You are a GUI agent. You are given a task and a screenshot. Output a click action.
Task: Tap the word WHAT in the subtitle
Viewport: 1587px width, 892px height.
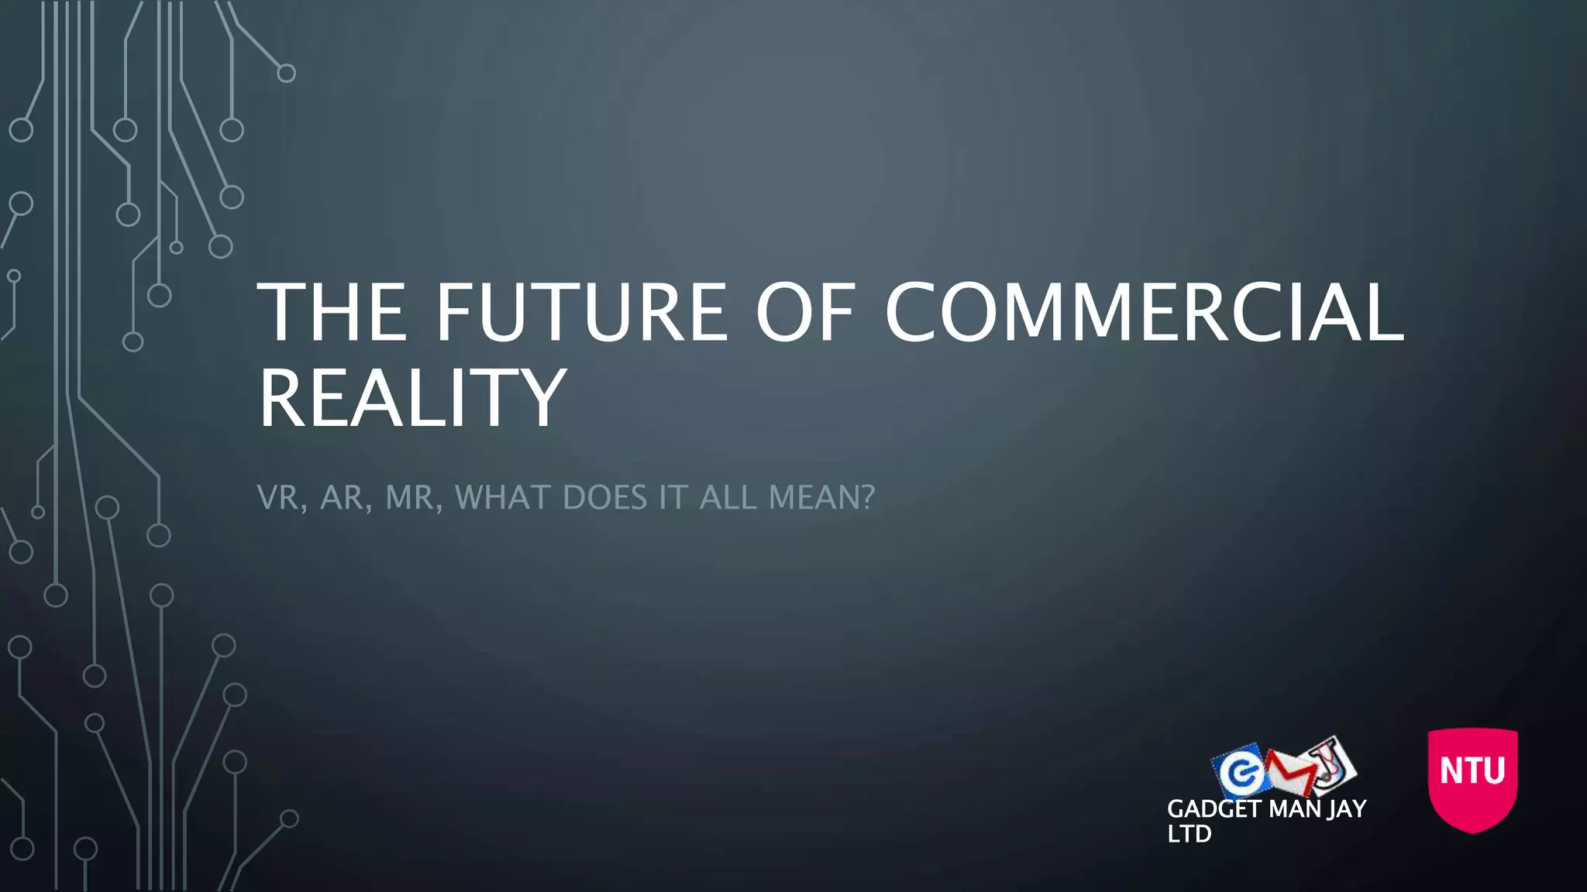[x=504, y=497]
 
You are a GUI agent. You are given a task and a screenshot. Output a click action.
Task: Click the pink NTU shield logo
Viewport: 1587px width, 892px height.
[x=1472, y=778]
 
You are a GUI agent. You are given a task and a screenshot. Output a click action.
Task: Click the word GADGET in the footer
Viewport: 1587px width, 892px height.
[x=1213, y=809]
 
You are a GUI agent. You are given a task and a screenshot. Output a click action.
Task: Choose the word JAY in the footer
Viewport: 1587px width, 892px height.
[x=1347, y=809]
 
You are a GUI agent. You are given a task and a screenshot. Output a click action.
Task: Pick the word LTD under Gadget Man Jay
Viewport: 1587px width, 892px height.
[x=1189, y=834]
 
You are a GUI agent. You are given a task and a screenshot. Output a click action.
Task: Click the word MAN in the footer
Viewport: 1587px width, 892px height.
[x=1294, y=809]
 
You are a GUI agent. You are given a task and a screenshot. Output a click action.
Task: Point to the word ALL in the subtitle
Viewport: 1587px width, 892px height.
[x=728, y=497]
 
